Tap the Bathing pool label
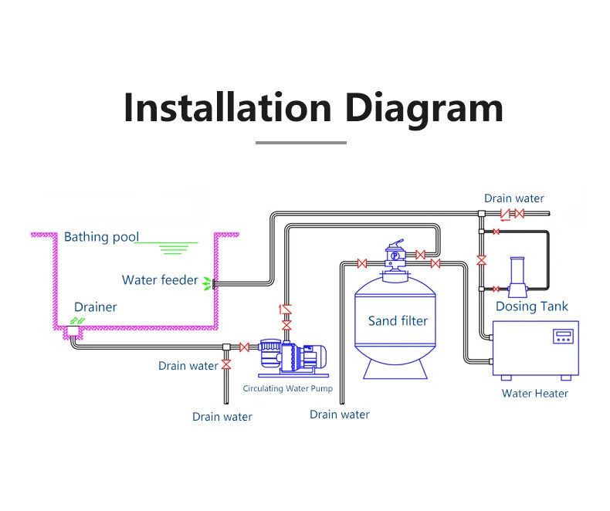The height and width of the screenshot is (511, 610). click(100, 237)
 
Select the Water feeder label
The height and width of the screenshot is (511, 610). click(160, 280)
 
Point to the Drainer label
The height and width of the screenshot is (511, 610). click(96, 307)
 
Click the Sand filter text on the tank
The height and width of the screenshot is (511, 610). click(398, 321)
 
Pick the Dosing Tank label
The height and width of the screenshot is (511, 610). click(532, 306)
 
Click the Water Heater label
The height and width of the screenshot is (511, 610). click(535, 394)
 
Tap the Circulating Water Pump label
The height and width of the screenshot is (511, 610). click(288, 388)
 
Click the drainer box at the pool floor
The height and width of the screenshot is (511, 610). click(75, 332)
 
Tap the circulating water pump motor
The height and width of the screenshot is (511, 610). click(309, 357)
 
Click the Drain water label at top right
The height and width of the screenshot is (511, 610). click(513, 199)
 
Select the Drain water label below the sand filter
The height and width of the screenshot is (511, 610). click(340, 415)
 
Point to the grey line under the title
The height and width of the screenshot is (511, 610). click(301, 142)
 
